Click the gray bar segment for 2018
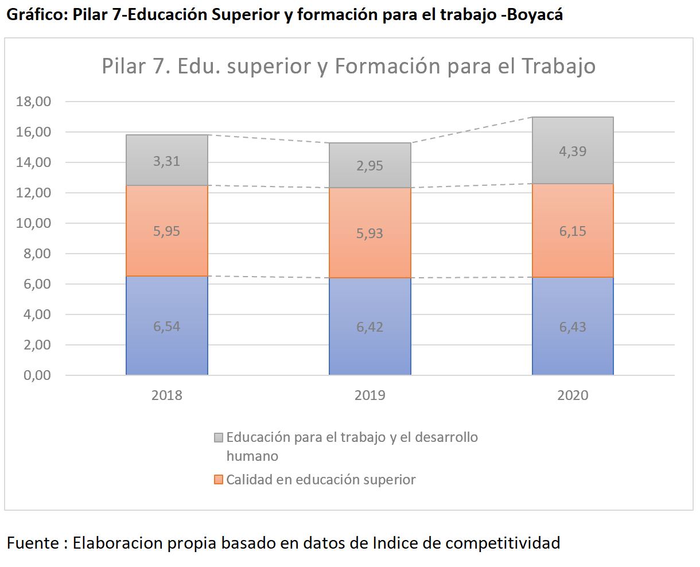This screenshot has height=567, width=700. click(x=166, y=160)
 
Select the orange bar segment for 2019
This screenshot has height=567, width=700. click(x=370, y=233)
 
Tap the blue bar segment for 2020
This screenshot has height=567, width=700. click(x=573, y=326)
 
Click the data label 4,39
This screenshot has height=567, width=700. click(x=573, y=151)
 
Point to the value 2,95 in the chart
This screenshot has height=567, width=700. click(x=370, y=166)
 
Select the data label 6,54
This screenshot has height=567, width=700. click(x=166, y=327)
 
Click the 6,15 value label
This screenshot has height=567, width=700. click(x=573, y=231)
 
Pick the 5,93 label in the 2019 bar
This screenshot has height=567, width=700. click(x=370, y=234)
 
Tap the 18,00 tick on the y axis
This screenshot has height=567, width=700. click(x=33, y=101)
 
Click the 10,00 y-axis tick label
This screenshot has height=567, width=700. click(x=33, y=223)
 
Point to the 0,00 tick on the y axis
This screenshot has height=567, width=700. click(x=37, y=375)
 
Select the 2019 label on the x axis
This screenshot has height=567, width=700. click(x=370, y=395)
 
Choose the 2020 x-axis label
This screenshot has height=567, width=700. click(x=573, y=395)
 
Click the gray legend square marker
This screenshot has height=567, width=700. click(x=219, y=437)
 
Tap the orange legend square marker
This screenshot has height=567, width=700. click(x=219, y=480)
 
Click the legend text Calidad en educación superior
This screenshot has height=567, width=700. click(x=321, y=480)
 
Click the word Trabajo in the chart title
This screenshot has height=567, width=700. click(x=559, y=66)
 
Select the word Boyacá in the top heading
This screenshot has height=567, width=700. click(x=535, y=14)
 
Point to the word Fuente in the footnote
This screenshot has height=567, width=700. click(x=33, y=543)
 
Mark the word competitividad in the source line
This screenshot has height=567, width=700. click(x=503, y=543)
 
